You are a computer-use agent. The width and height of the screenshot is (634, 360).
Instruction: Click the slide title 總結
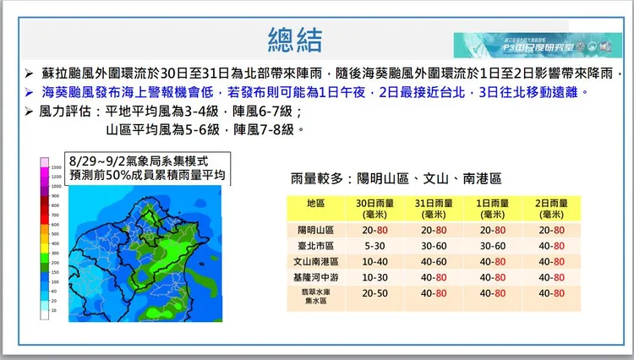pos(295,39)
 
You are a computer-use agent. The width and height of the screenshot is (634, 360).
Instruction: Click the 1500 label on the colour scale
pos(56,168)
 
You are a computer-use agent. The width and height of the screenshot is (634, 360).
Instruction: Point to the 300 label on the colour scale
pos(55,252)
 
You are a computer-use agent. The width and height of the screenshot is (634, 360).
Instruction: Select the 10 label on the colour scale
pos(55,310)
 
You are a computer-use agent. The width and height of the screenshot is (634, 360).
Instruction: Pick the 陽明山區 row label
pos(316,230)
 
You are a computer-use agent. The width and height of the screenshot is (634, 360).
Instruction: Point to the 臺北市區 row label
pos(316,246)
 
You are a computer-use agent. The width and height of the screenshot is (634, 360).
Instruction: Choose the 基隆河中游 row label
pos(316,276)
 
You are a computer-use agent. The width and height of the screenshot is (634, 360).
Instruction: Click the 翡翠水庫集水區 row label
pos(316,295)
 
